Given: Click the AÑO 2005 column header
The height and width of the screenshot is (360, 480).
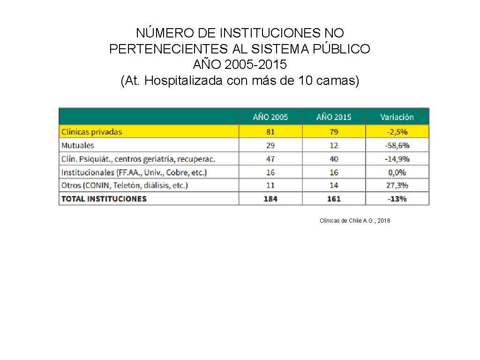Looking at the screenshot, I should [270, 117].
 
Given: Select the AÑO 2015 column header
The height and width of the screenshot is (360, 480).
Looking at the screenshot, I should [334, 117].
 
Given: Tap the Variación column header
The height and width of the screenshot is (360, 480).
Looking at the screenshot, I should [397, 117].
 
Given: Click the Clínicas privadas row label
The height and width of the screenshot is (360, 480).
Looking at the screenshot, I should [92, 132].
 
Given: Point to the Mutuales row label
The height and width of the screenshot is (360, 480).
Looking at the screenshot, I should [78, 145].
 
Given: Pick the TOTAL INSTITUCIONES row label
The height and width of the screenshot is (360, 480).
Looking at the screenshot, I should [104, 199].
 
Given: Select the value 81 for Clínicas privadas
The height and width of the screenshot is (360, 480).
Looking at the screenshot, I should [270, 132].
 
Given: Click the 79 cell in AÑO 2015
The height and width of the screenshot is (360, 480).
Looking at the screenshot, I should [334, 132].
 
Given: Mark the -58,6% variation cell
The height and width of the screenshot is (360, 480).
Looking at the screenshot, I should [397, 145].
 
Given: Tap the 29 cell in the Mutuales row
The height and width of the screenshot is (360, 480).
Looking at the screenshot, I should [270, 145].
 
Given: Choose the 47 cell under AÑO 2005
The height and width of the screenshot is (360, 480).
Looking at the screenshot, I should [270, 159].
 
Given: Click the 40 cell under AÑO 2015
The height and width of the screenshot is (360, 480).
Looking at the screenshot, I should [334, 159].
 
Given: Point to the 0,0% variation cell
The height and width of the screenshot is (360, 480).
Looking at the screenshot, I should [397, 172].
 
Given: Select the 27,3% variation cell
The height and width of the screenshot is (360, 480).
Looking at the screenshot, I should [397, 185].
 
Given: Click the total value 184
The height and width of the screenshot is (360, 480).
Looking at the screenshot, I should [270, 199].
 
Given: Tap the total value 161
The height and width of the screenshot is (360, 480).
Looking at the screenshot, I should [334, 199].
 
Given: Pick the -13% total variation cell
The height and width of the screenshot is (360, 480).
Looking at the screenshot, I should [397, 199].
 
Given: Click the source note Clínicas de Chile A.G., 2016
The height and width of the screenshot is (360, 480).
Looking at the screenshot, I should [355, 220].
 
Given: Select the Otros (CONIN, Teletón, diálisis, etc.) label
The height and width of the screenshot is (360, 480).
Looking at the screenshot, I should [125, 185].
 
